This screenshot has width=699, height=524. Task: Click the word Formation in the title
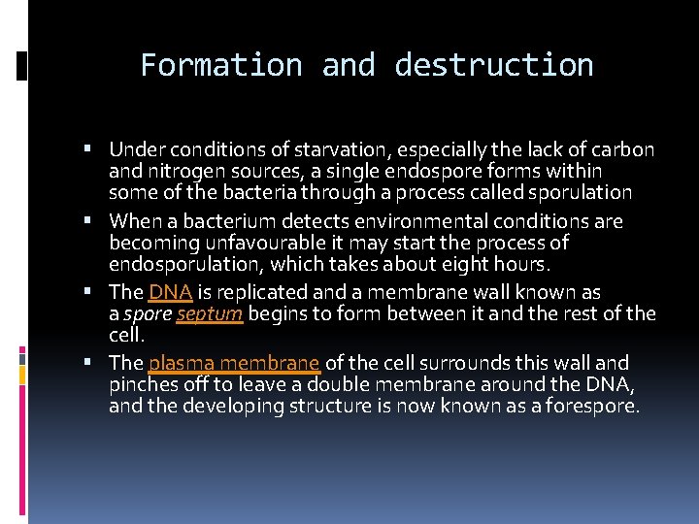point(221,65)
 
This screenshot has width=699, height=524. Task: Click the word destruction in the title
point(494,65)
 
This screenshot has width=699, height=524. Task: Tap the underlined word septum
point(210,313)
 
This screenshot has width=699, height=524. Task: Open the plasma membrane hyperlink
point(234,363)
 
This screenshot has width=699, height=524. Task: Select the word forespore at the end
point(596,406)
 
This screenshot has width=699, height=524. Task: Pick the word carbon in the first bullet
point(622,150)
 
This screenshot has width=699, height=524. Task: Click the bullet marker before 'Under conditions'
point(87,150)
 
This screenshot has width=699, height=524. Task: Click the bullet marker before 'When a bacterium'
point(87,221)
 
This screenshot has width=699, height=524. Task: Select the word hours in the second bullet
point(522,264)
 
